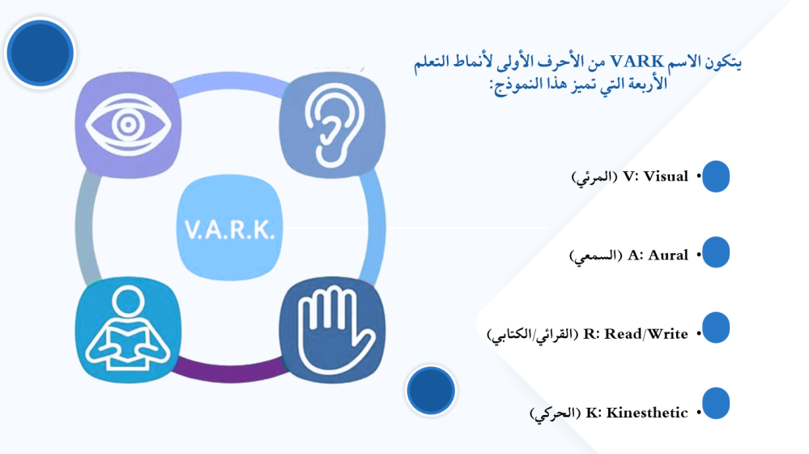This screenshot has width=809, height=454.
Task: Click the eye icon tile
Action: point(128,125)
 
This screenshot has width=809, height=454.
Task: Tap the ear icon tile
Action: point(332,125)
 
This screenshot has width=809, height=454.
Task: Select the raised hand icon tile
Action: point(332,329)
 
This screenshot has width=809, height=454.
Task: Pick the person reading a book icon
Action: point(128,329)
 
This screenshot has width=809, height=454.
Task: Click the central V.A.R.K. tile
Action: point(230,228)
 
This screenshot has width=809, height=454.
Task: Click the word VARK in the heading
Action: point(637,62)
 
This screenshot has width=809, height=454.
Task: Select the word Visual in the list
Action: point(666,176)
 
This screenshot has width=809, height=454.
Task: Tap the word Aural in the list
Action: point(668,255)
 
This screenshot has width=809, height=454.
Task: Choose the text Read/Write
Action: point(646,334)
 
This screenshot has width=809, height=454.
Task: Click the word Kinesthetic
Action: point(647,413)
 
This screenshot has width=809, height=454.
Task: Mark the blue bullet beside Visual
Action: point(716,176)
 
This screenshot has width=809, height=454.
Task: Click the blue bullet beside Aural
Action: point(716,252)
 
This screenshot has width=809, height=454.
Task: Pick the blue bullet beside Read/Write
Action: point(716,328)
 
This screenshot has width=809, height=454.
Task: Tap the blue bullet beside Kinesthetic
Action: point(716,403)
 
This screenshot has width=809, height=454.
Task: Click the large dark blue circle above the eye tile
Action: point(40,53)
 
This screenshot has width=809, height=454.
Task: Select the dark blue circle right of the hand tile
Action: point(431,391)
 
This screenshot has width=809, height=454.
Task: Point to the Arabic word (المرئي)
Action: point(594,178)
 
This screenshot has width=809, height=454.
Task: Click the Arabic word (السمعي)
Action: point(595,256)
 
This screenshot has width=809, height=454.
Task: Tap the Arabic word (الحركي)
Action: point(555,413)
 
